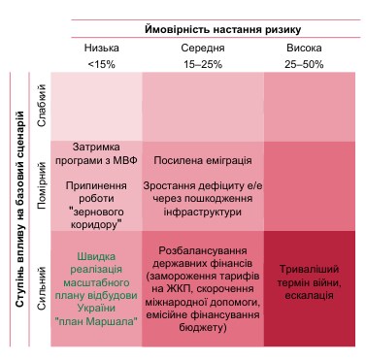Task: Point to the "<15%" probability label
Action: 100,63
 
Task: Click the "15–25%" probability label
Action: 203,63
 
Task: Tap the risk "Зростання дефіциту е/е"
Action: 203,191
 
